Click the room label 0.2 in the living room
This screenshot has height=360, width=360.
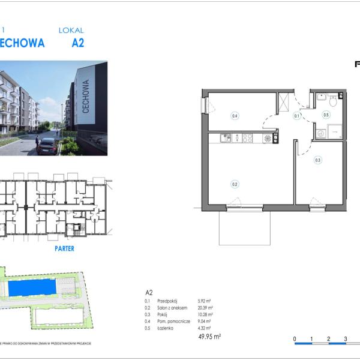(235, 184)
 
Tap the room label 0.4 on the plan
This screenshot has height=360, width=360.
(235, 116)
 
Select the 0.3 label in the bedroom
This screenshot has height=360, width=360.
(318, 160)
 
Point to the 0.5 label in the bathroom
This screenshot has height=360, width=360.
(326, 115)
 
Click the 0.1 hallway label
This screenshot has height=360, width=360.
(296, 116)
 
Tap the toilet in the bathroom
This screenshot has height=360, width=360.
(333, 100)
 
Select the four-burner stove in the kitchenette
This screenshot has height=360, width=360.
(246, 138)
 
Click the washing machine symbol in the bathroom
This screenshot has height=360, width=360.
(321, 134)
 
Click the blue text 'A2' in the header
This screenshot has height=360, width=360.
(77, 43)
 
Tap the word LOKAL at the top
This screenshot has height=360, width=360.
(71, 30)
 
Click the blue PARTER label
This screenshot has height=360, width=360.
(64, 248)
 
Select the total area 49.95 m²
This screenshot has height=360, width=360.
(209, 337)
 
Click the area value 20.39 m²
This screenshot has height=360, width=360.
(205, 308)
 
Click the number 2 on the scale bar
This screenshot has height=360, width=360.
(328, 340)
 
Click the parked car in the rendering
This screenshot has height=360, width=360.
(47, 146)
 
